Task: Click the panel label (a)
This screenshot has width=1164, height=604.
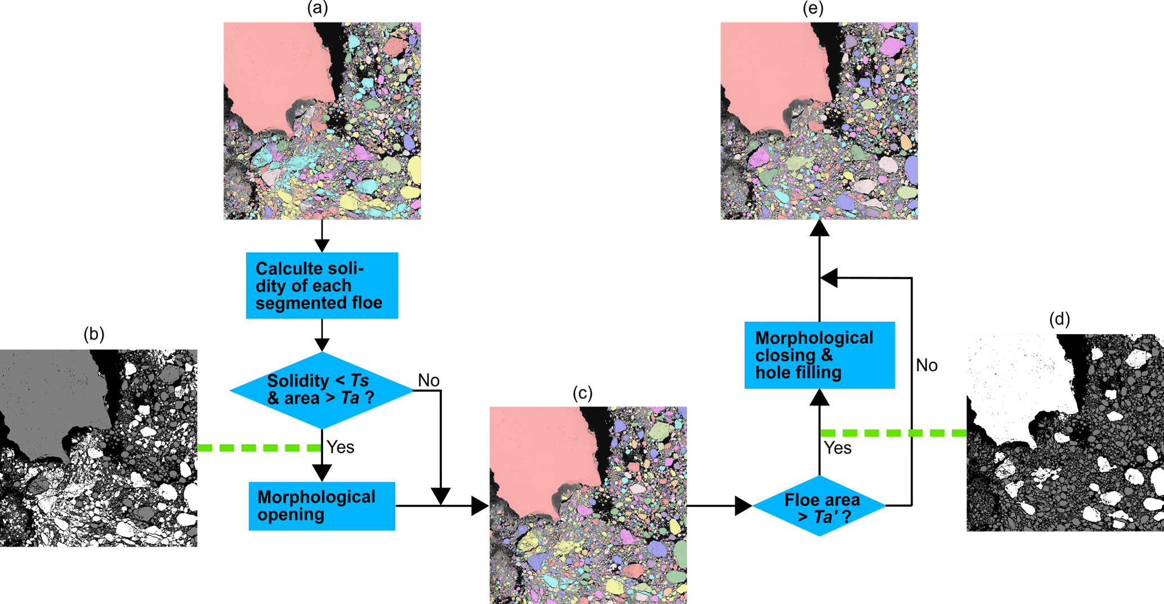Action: click(x=317, y=8)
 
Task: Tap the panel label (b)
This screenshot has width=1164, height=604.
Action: click(x=94, y=334)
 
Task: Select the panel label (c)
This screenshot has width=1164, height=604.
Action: click(x=583, y=393)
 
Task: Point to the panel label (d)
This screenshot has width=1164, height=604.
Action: click(x=1059, y=319)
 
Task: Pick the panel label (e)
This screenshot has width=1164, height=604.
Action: click(x=813, y=8)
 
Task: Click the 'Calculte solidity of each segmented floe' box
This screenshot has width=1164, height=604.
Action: click(x=322, y=286)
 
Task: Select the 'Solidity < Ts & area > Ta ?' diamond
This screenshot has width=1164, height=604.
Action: click(x=321, y=390)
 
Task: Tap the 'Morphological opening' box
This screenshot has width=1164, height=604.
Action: click(x=322, y=506)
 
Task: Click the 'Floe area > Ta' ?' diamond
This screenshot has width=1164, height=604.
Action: click(x=819, y=506)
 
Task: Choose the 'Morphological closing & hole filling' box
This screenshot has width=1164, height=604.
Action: click(x=820, y=355)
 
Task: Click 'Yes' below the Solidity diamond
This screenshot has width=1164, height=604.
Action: click(x=341, y=447)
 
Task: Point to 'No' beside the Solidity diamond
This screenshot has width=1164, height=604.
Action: click(x=428, y=381)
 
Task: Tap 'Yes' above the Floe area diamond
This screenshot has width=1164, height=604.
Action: click(x=838, y=448)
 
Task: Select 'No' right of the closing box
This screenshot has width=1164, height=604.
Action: click(x=926, y=366)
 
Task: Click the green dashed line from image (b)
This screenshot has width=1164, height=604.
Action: click(x=259, y=448)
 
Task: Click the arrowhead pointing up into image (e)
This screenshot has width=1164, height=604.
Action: click(x=820, y=228)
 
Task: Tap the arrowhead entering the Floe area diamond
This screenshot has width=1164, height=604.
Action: click(x=744, y=506)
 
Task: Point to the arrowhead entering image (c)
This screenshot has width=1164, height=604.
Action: click(x=480, y=506)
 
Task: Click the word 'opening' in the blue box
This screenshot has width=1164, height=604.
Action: click(x=290, y=515)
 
